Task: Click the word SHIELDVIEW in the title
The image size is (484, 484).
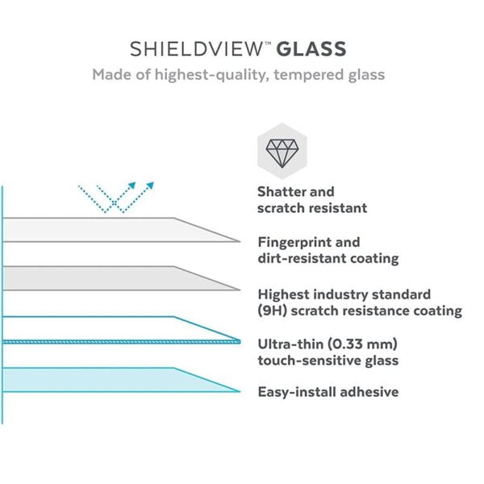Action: click(x=196, y=49)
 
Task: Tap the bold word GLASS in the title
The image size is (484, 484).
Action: click(x=311, y=49)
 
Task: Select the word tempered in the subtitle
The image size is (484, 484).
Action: click(x=309, y=75)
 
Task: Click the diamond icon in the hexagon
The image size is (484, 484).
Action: click(x=282, y=153)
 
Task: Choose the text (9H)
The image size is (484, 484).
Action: click(x=273, y=311)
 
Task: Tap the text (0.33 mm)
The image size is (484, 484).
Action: click(x=362, y=344)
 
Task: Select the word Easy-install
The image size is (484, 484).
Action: click(x=297, y=392)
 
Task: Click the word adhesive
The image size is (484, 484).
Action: click(x=369, y=392)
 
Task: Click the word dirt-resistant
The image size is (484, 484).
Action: click(x=300, y=258)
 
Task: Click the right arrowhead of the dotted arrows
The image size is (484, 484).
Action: click(x=150, y=186)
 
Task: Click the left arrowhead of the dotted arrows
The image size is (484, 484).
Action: click(x=131, y=186)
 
